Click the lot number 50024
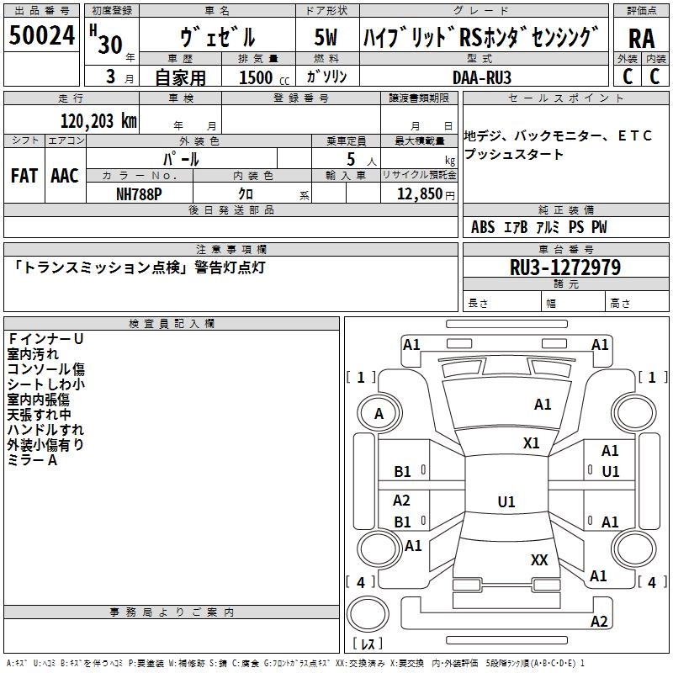42,36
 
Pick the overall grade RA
640,39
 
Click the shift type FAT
24,176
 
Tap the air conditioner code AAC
65,176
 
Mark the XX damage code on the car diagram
539,559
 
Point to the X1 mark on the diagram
532,442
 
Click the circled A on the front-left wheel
379,414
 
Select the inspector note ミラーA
33,460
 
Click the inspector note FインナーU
45,339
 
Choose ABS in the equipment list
483,227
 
